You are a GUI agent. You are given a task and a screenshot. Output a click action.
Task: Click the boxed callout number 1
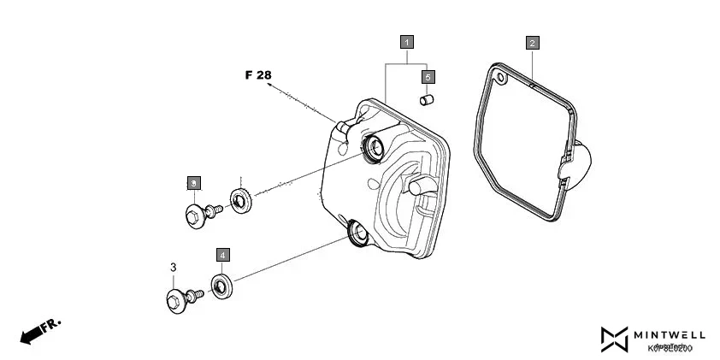407,41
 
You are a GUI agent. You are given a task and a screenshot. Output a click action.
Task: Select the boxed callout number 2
532,42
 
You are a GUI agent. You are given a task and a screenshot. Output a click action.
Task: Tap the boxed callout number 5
429,76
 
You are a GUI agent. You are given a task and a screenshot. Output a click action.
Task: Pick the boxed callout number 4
222,255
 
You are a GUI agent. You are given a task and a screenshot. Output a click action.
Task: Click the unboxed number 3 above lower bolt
173,268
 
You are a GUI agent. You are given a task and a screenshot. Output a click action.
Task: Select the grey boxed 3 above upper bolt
194,183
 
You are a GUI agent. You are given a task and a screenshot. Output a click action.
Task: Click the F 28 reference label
257,75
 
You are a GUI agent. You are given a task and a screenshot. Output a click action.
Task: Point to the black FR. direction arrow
38,331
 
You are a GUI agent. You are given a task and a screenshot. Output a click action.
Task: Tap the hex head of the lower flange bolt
175,300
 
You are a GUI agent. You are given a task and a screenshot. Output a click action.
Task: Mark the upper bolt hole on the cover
374,149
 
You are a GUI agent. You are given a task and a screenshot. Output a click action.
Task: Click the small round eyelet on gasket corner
501,81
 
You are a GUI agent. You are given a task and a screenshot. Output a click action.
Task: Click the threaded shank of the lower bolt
194,294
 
